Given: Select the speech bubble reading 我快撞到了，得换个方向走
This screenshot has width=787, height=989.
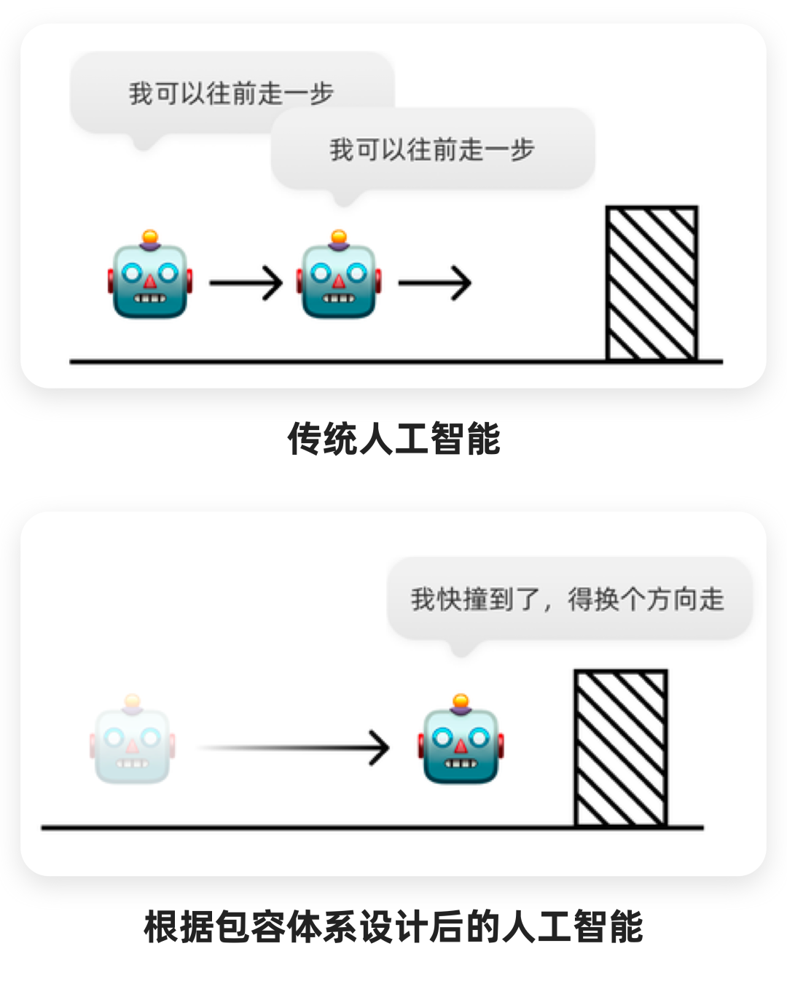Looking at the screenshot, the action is coord(568,599).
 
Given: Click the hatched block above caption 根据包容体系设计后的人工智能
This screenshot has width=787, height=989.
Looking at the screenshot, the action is coord(620,748).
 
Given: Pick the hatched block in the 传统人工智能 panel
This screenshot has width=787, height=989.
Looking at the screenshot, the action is coord(651,284).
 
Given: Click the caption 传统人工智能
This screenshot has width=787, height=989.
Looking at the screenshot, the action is coord(393,439).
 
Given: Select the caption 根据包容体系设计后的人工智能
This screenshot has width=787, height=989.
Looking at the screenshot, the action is coord(393,927).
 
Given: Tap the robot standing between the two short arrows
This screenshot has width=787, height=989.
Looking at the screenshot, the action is coord(339,278).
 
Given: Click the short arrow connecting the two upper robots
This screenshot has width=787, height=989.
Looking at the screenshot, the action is coord(246,283).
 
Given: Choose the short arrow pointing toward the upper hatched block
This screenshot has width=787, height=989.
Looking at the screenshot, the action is coord(435,283).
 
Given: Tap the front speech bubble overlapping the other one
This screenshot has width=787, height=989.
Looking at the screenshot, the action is coord(433,150).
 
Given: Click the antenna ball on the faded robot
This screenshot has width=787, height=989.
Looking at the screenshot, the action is coord(132,701).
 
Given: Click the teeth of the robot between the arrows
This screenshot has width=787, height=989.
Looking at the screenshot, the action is coord(339,298).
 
